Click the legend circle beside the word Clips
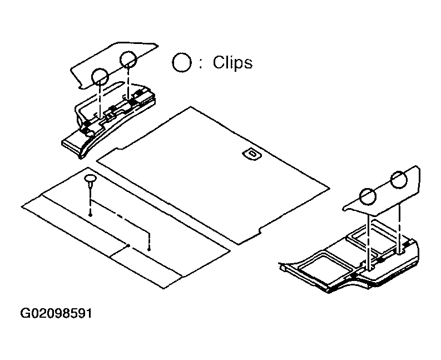tap(182, 62)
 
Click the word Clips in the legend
tap(232, 62)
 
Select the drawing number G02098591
tap(56, 313)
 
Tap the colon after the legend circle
tap(201, 63)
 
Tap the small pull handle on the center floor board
tap(251, 154)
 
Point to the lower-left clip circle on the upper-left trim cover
tap(100, 76)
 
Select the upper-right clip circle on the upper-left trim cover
tap(128, 60)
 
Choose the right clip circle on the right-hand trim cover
tap(399, 180)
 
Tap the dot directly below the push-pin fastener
tap(90, 215)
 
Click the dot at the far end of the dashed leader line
tap(149, 249)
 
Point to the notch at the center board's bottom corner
tap(259, 231)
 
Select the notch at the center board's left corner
tap(120, 147)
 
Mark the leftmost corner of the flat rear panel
tap(22, 207)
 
